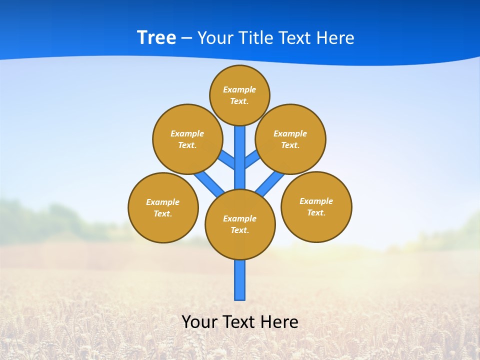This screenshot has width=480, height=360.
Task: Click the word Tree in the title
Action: [x=156, y=38]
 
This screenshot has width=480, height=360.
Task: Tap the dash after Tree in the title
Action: [x=186, y=38]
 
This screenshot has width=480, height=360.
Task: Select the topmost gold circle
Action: [x=239, y=95]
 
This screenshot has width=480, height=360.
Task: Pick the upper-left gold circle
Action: [x=187, y=139]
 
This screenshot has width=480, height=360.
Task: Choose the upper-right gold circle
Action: [x=290, y=139]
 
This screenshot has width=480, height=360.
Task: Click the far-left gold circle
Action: [x=163, y=207]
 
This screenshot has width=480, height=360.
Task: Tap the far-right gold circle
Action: [x=316, y=206]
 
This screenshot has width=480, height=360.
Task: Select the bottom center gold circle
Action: [x=240, y=224]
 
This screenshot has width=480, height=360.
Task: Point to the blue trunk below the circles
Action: [x=240, y=280]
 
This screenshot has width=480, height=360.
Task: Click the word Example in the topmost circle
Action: [x=239, y=90]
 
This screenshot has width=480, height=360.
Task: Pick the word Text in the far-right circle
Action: [x=316, y=212]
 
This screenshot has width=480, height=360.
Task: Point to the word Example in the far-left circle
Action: [x=163, y=202]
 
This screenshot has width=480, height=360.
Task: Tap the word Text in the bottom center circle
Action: [x=239, y=230]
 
